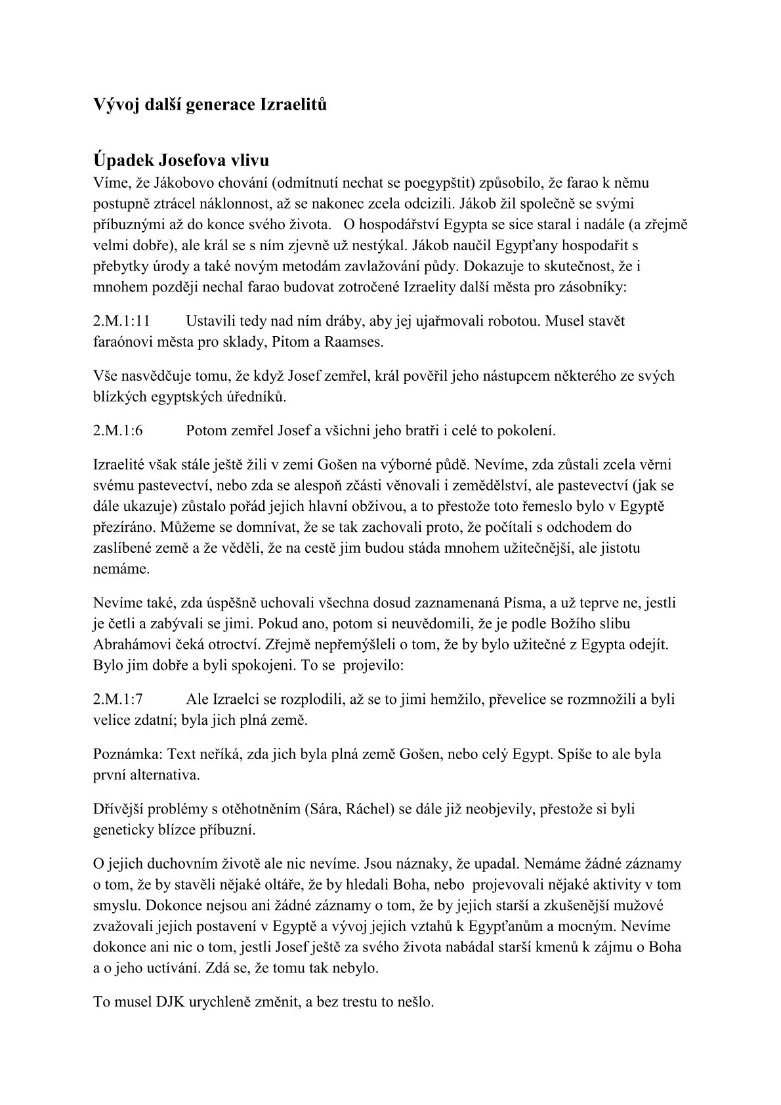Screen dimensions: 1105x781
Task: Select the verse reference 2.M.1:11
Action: pos(122,321)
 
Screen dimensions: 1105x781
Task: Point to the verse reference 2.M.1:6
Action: pos(118,431)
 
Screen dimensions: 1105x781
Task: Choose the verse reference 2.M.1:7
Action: pos(118,699)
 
